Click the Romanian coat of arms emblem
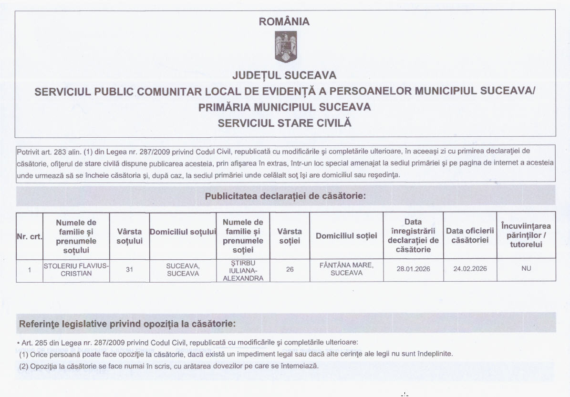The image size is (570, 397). point(286,47)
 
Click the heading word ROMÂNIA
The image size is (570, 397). point(284,22)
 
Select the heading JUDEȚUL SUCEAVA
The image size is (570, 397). point(284,76)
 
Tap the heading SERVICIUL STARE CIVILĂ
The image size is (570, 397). point(284,123)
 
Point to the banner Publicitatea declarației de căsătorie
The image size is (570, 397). point(285,196)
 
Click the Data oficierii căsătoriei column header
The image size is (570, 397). point(470,235)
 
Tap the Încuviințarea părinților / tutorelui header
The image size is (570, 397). point(526,235)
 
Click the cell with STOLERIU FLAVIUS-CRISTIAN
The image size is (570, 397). point(76,269)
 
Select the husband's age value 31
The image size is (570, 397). point(129,269)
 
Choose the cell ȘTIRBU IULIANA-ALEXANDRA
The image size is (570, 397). point(243,270)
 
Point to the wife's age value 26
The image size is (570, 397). point(290,269)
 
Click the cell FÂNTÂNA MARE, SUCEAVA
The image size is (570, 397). point(346,269)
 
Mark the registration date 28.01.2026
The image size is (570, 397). point(413,269)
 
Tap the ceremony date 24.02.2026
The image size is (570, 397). point(470,269)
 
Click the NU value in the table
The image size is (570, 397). point(526,269)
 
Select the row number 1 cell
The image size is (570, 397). point(30,270)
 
